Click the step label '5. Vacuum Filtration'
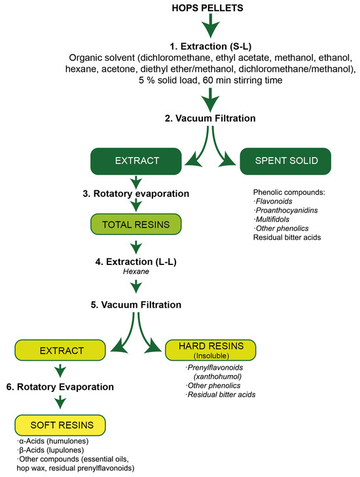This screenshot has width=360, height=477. (x=136, y=304)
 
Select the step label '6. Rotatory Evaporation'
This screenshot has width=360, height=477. (x=60, y=387)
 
